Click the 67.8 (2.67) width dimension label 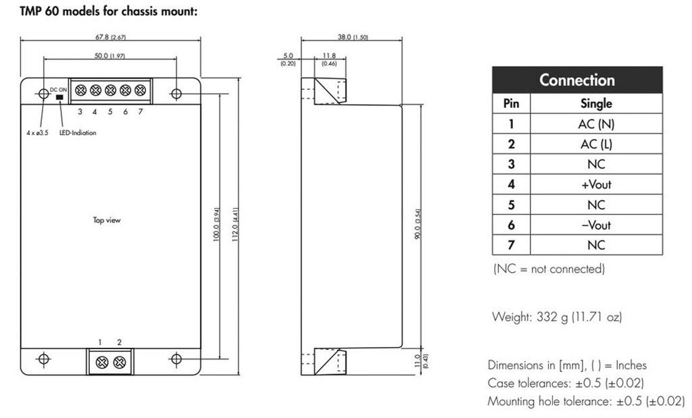111,36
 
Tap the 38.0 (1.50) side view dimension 352,37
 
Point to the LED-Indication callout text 78,133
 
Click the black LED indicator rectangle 59,97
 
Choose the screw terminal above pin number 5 110,90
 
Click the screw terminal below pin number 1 104,361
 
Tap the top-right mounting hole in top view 176,94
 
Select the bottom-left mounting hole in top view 44,359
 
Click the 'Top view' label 107,220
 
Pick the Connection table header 576,80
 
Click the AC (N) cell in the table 596,124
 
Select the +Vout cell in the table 596,184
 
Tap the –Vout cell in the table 596,225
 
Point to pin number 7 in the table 511,245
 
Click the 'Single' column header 596,103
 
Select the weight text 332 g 556,316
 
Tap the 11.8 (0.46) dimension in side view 329,59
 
